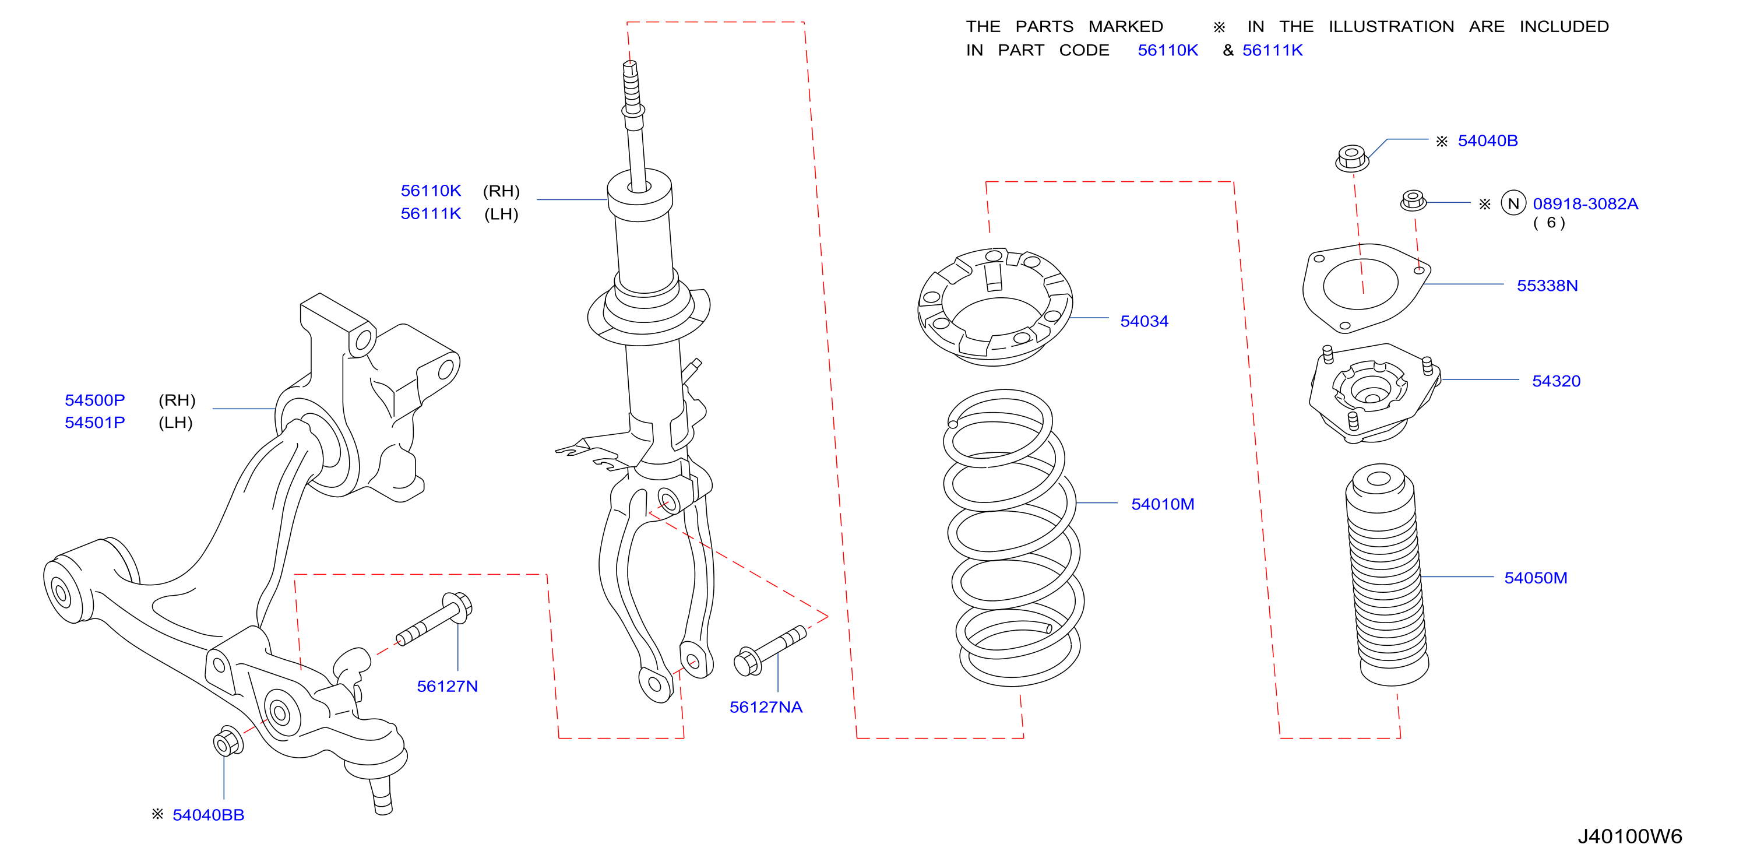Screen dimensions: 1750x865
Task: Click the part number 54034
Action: [1144, 321]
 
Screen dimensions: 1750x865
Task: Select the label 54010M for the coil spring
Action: [1163, 504]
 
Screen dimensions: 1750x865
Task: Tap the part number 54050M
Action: [1536, 578]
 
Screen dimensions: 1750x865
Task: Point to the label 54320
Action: [1556, 381]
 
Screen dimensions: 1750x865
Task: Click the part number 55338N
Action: [1547, 286]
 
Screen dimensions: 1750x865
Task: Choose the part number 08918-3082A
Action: [1585, 204]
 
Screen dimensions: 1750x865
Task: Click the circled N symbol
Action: [1513, 203]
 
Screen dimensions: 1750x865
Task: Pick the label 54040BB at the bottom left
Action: [208, 815]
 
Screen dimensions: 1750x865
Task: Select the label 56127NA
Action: [766, 708]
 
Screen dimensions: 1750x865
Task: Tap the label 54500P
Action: [94, 400]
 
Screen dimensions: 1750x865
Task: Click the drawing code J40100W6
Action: [1629, 836]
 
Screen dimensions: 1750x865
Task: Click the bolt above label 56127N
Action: [435, 619]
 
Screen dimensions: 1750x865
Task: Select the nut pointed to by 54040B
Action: [1351, 159]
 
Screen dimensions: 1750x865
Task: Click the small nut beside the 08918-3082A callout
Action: [1413, 201]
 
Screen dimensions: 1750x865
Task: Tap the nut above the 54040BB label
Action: [228, 741]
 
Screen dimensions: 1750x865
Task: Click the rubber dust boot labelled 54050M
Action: [1386, 575]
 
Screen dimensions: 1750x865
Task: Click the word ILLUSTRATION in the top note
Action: [1390, 26]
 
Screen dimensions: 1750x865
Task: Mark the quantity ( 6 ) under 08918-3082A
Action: [1550, 223]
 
